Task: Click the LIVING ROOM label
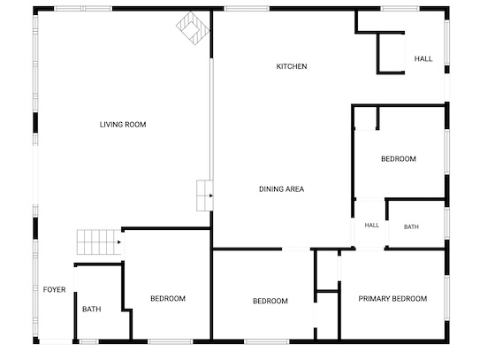tap(123, 125)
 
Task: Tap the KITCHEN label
tap(292, 66)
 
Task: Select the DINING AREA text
tap(282, 189)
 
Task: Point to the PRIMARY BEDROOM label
tap(392, 299)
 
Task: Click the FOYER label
tap(54, 289)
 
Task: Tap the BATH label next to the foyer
tap(92, 310)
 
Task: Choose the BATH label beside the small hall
tap(411, 226)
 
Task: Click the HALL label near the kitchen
tap(423, 58)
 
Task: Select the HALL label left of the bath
tap(372, 226)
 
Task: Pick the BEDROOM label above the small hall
tap(399, 159)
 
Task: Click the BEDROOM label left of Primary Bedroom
tap(270, 301)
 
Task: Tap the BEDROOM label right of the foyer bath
tap(168, 298)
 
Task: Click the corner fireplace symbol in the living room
tap(193, 28)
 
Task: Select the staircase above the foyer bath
tap(99, 242)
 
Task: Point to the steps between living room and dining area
tap(204, 195)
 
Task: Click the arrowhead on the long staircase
tap(119, 242)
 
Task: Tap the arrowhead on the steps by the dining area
tap(211, 195)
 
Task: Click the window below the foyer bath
tap(88, 341)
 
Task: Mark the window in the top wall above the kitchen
tap(247, 9)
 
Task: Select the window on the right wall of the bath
tap(446, 223)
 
